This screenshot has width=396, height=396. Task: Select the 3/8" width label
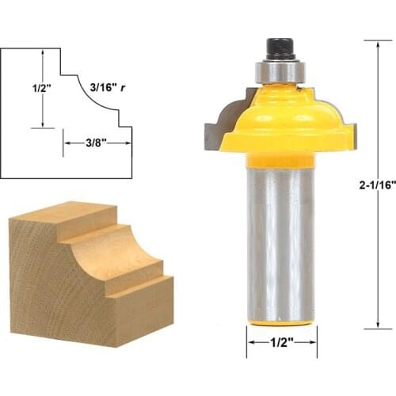point(97,143)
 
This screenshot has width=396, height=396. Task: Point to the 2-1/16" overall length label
point(367,185)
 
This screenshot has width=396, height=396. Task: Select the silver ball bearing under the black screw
point(279,70)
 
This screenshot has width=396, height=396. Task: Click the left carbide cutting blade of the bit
point(215,124)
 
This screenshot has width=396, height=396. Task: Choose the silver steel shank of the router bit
point(280,238)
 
